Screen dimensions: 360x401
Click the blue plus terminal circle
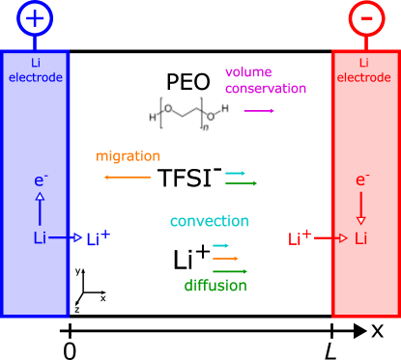pyautogui.click(x=35, y=18)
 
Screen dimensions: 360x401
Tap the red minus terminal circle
pyautogui.click(x=366, y=18)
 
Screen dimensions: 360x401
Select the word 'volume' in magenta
pyautogui.click(x=248, y=72)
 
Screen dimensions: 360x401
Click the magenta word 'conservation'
pyautogui.click(x=266, y=89)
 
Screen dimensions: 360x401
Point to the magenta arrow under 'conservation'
pyautogui.click(x=259, y=111)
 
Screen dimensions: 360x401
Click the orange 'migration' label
pyautogui.click(x=128, y=156)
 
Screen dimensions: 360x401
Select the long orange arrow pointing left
pyautogui.click(x=127, y=178)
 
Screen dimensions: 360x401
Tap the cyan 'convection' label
pyautogui.click(x=209, y=222)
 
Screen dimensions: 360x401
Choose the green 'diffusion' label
pyautogui.click(x=215, y=286)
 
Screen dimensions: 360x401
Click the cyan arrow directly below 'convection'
pyautogui.click(x=221, y=246)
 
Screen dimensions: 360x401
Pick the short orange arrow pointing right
pyautogui.click(x=225, y=259)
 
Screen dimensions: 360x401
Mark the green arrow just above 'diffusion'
pyautogui.click(x=230, y=271)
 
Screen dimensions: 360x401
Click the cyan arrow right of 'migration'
pyautogui.click(x=236, y=173)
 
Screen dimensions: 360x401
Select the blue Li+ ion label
pyautogui.click(x=98, y=238)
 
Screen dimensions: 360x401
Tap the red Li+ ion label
pyautogui.click(x=300, y=237)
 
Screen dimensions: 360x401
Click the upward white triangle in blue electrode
pyautogui.click(x=40, y=197)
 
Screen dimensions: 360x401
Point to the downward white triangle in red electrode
pyautogui.click(x=360, y=220)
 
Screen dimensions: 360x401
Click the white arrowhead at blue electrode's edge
pyautogui.click(x=77, y=237)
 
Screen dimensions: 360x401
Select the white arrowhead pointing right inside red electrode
pyautogui.click(x=343, y=237)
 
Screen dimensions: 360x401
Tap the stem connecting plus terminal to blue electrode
pyautogui.click(x=35, y=42)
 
